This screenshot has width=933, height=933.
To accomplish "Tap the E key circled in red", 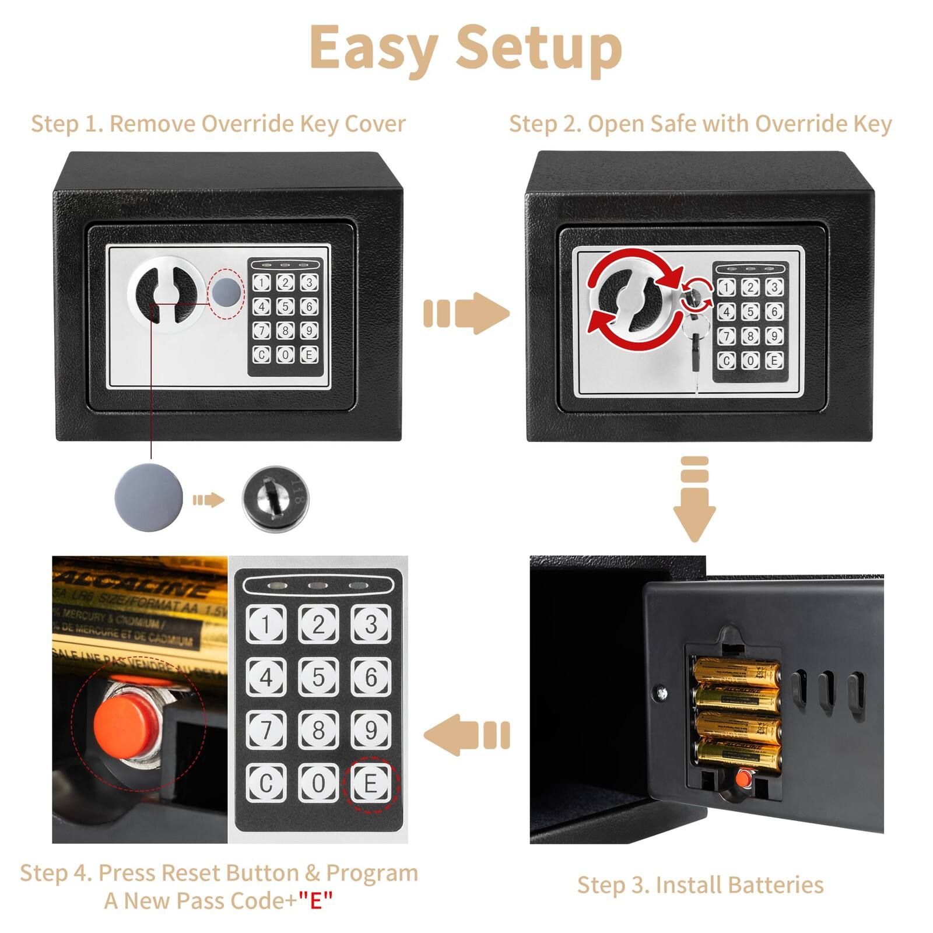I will (370, 783).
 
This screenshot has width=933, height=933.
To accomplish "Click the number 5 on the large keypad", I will (318, 677).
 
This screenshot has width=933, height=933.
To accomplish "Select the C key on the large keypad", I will (266, 783).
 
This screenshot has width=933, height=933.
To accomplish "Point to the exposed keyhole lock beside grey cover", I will (275, 499).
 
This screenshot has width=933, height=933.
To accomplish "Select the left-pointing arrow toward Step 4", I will (466, 735).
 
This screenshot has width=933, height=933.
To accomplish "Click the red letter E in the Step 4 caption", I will (315, 901).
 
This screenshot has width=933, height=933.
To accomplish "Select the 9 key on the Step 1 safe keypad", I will (308, 331).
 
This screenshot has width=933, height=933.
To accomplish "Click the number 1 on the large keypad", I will (266, 625).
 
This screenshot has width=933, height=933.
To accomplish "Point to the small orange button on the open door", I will (742, 778).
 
